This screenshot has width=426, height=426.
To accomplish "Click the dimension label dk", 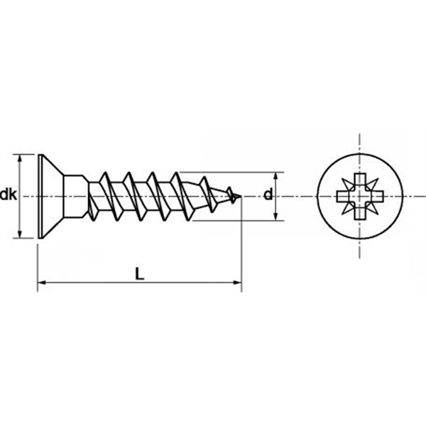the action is point(9,195).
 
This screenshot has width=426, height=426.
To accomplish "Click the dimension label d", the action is point(268,195).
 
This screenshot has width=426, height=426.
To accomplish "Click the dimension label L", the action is point(140,273).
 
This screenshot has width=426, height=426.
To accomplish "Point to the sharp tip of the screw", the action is point(241,196).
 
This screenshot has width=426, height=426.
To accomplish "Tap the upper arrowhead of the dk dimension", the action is point(19,158).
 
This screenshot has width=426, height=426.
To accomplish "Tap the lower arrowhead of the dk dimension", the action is point(19,234).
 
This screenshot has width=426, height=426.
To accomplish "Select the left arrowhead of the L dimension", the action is point(41,283).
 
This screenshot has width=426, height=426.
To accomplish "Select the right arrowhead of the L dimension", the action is point(237,283).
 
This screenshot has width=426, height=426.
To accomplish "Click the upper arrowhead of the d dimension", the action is point(275,176).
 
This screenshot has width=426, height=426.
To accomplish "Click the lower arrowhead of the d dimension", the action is point(275,217).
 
